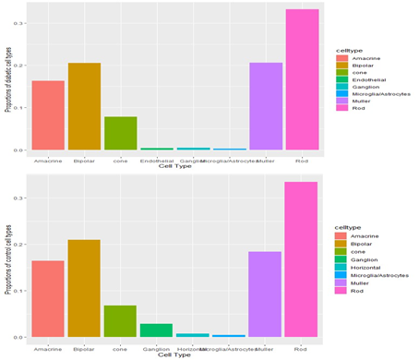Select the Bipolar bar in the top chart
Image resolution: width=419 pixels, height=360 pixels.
tap(84, 106)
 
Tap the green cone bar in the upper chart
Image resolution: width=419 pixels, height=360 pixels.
tap(120, 133)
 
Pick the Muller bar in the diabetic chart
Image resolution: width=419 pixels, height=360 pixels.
tap(266, 106)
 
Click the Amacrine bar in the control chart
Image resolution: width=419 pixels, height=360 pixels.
tap(48, 298)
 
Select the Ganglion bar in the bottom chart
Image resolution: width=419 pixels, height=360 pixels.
tap(156, 330)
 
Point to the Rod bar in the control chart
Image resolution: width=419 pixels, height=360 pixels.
tap(302, 259)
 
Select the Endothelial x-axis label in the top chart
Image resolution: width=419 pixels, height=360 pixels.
tap(156, 161)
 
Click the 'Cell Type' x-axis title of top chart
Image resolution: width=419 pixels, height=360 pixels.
tap(175, 167)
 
